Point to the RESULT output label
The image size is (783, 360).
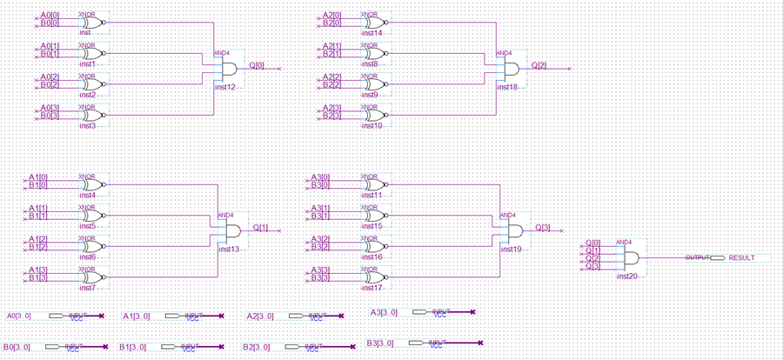(x=742, y=258)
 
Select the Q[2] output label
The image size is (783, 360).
(x=539, y=64)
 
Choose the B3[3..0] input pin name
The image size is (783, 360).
(x=381, y=343)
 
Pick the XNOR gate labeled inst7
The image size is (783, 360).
(x=93, y=277)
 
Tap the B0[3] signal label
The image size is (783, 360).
(x=50, y=116)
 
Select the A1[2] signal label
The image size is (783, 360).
(x=37, y=238)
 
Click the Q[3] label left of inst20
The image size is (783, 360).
(x=592, y=266)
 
